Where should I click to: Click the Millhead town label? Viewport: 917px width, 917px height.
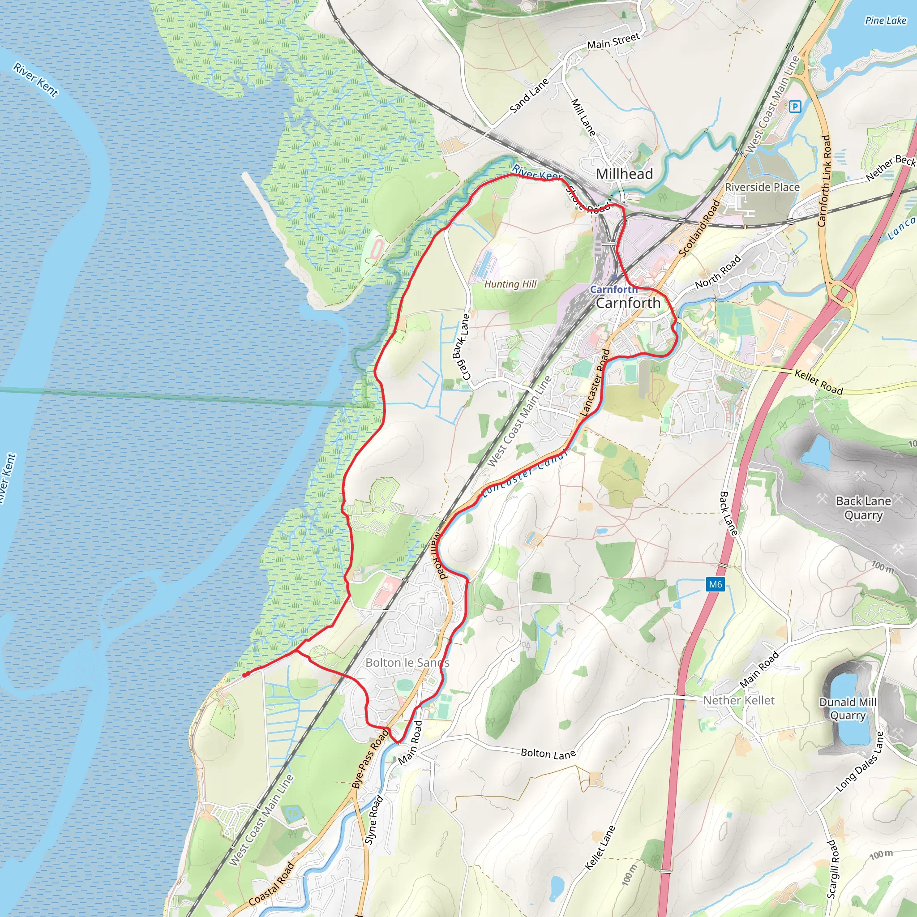pos(624,174)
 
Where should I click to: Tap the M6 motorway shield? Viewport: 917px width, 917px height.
pos(715,584)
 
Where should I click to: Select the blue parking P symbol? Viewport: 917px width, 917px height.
pos(795,106)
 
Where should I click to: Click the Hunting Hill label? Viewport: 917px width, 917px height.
pos(510,284)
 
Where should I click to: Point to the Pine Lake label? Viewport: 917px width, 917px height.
pos(885,21)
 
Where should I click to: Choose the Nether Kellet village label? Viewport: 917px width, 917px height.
pos(738,700)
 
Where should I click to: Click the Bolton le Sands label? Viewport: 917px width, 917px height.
pos(407,663)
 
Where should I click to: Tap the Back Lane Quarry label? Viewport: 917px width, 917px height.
pos(863,508)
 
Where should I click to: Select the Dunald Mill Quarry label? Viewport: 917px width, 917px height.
pos(848,709)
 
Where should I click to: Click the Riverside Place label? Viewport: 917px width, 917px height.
pos(762,187)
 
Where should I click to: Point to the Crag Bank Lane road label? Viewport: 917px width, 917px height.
pos(460,347)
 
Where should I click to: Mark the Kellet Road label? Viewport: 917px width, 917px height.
pos(819,382)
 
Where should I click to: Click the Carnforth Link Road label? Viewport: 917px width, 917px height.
pos(824,181)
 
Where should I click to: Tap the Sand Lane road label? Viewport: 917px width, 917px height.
pos(529,96)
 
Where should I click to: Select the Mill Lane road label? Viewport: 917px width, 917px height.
pos(583,117)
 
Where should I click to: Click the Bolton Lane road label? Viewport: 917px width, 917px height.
pos(548,753)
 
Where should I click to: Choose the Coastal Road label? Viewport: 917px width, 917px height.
pos(271,884)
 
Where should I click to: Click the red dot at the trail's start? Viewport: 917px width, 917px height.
pos(245,674)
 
